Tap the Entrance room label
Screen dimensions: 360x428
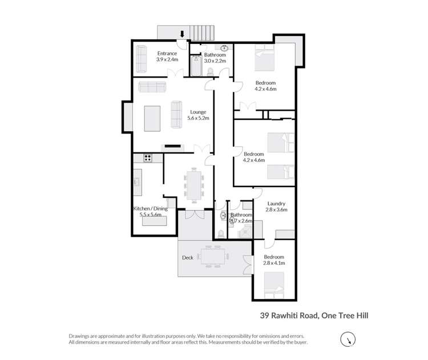point(167,54)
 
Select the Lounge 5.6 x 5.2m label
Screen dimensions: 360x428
point(199,115)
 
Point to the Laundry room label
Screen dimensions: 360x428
point(276,204)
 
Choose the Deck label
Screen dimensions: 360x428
point(187,257)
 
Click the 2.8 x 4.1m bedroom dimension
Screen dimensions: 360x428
point(274,264)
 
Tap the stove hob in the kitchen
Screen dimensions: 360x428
point(148,158)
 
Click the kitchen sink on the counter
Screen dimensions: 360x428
point(138,182)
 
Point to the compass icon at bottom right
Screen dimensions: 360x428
point(346,341)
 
